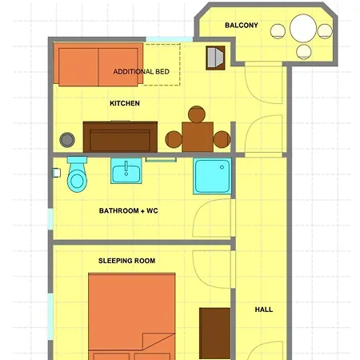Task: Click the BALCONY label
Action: coord(241,26)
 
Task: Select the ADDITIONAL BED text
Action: coord(142,72)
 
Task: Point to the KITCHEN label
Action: coord(125,103)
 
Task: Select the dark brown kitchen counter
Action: coord(122,136)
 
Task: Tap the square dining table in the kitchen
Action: coord(198,137)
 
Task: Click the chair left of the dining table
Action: coord(174,140)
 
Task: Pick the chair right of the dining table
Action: coord(222,140)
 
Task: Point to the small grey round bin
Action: coord(69,139)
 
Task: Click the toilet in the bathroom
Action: coord(77,174)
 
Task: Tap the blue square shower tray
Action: coord(212,177)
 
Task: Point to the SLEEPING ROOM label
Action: coord(126,261)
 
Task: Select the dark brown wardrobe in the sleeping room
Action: coord(214,332)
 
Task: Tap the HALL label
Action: coord(263,309)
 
